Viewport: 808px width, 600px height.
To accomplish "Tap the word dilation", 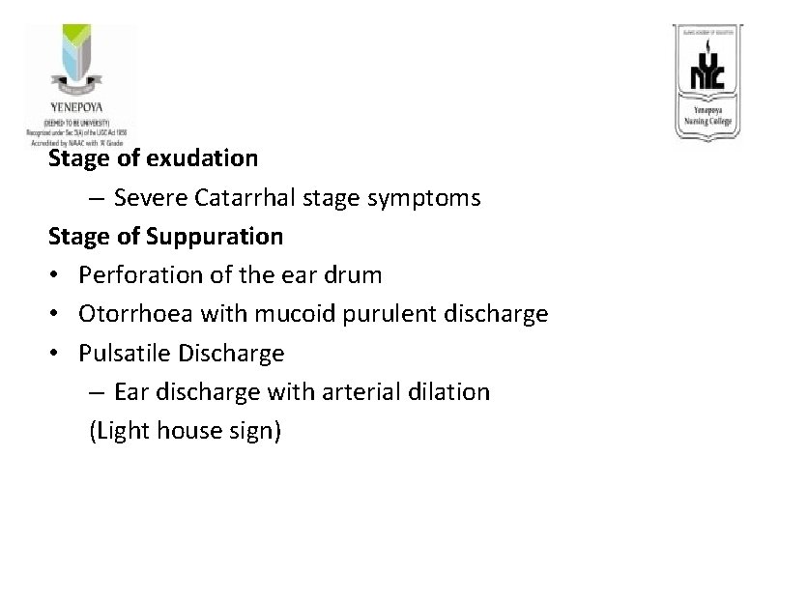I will pyautogui.click(x=456, y=392).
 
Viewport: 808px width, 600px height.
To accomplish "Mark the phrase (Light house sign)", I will pyautogui.click(x=185, y=431).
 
